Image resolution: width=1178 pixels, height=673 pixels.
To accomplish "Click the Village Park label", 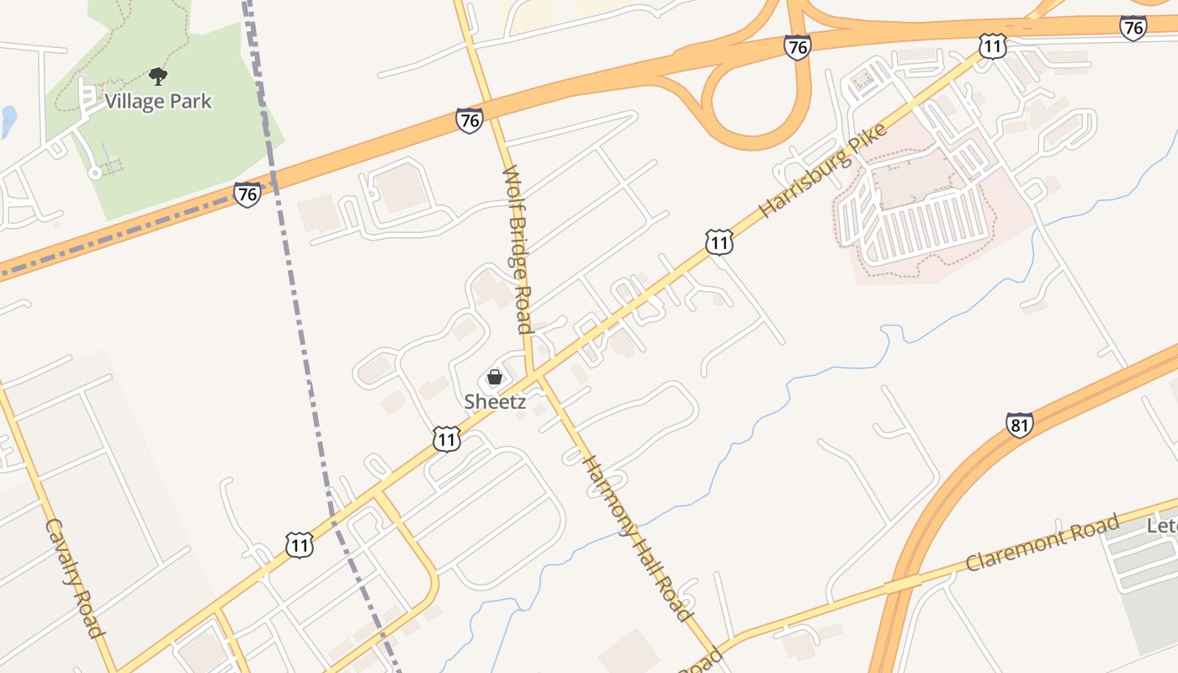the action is (158, 102).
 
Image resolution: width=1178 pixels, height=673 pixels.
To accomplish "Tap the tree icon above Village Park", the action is (157, 77).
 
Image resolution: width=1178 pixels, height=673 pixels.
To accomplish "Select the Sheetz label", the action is (495, 402).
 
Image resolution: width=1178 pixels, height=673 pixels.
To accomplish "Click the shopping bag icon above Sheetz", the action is (495, 377).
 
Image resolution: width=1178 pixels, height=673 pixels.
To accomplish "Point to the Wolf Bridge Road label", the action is (517, 249).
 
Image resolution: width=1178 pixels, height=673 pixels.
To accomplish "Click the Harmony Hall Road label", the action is (637, 538).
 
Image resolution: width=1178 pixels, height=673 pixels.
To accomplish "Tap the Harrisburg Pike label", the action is (823, 171).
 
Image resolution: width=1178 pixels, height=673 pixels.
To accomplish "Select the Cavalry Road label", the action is (74, 578).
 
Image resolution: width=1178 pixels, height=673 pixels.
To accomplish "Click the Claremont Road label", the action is (1043, 543).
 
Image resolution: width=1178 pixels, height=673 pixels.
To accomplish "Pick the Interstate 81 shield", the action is (1019, 424).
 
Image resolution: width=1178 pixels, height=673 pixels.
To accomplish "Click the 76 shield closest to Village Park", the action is (247, 194).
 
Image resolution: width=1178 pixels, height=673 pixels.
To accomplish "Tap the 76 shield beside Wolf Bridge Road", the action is (470, 120).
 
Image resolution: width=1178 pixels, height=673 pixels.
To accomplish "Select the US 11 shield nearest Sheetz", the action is (447, 438).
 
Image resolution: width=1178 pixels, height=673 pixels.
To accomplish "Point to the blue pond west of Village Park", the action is (8, 121).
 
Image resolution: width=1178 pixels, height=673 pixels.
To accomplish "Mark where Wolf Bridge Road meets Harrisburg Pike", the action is (532, 375).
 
